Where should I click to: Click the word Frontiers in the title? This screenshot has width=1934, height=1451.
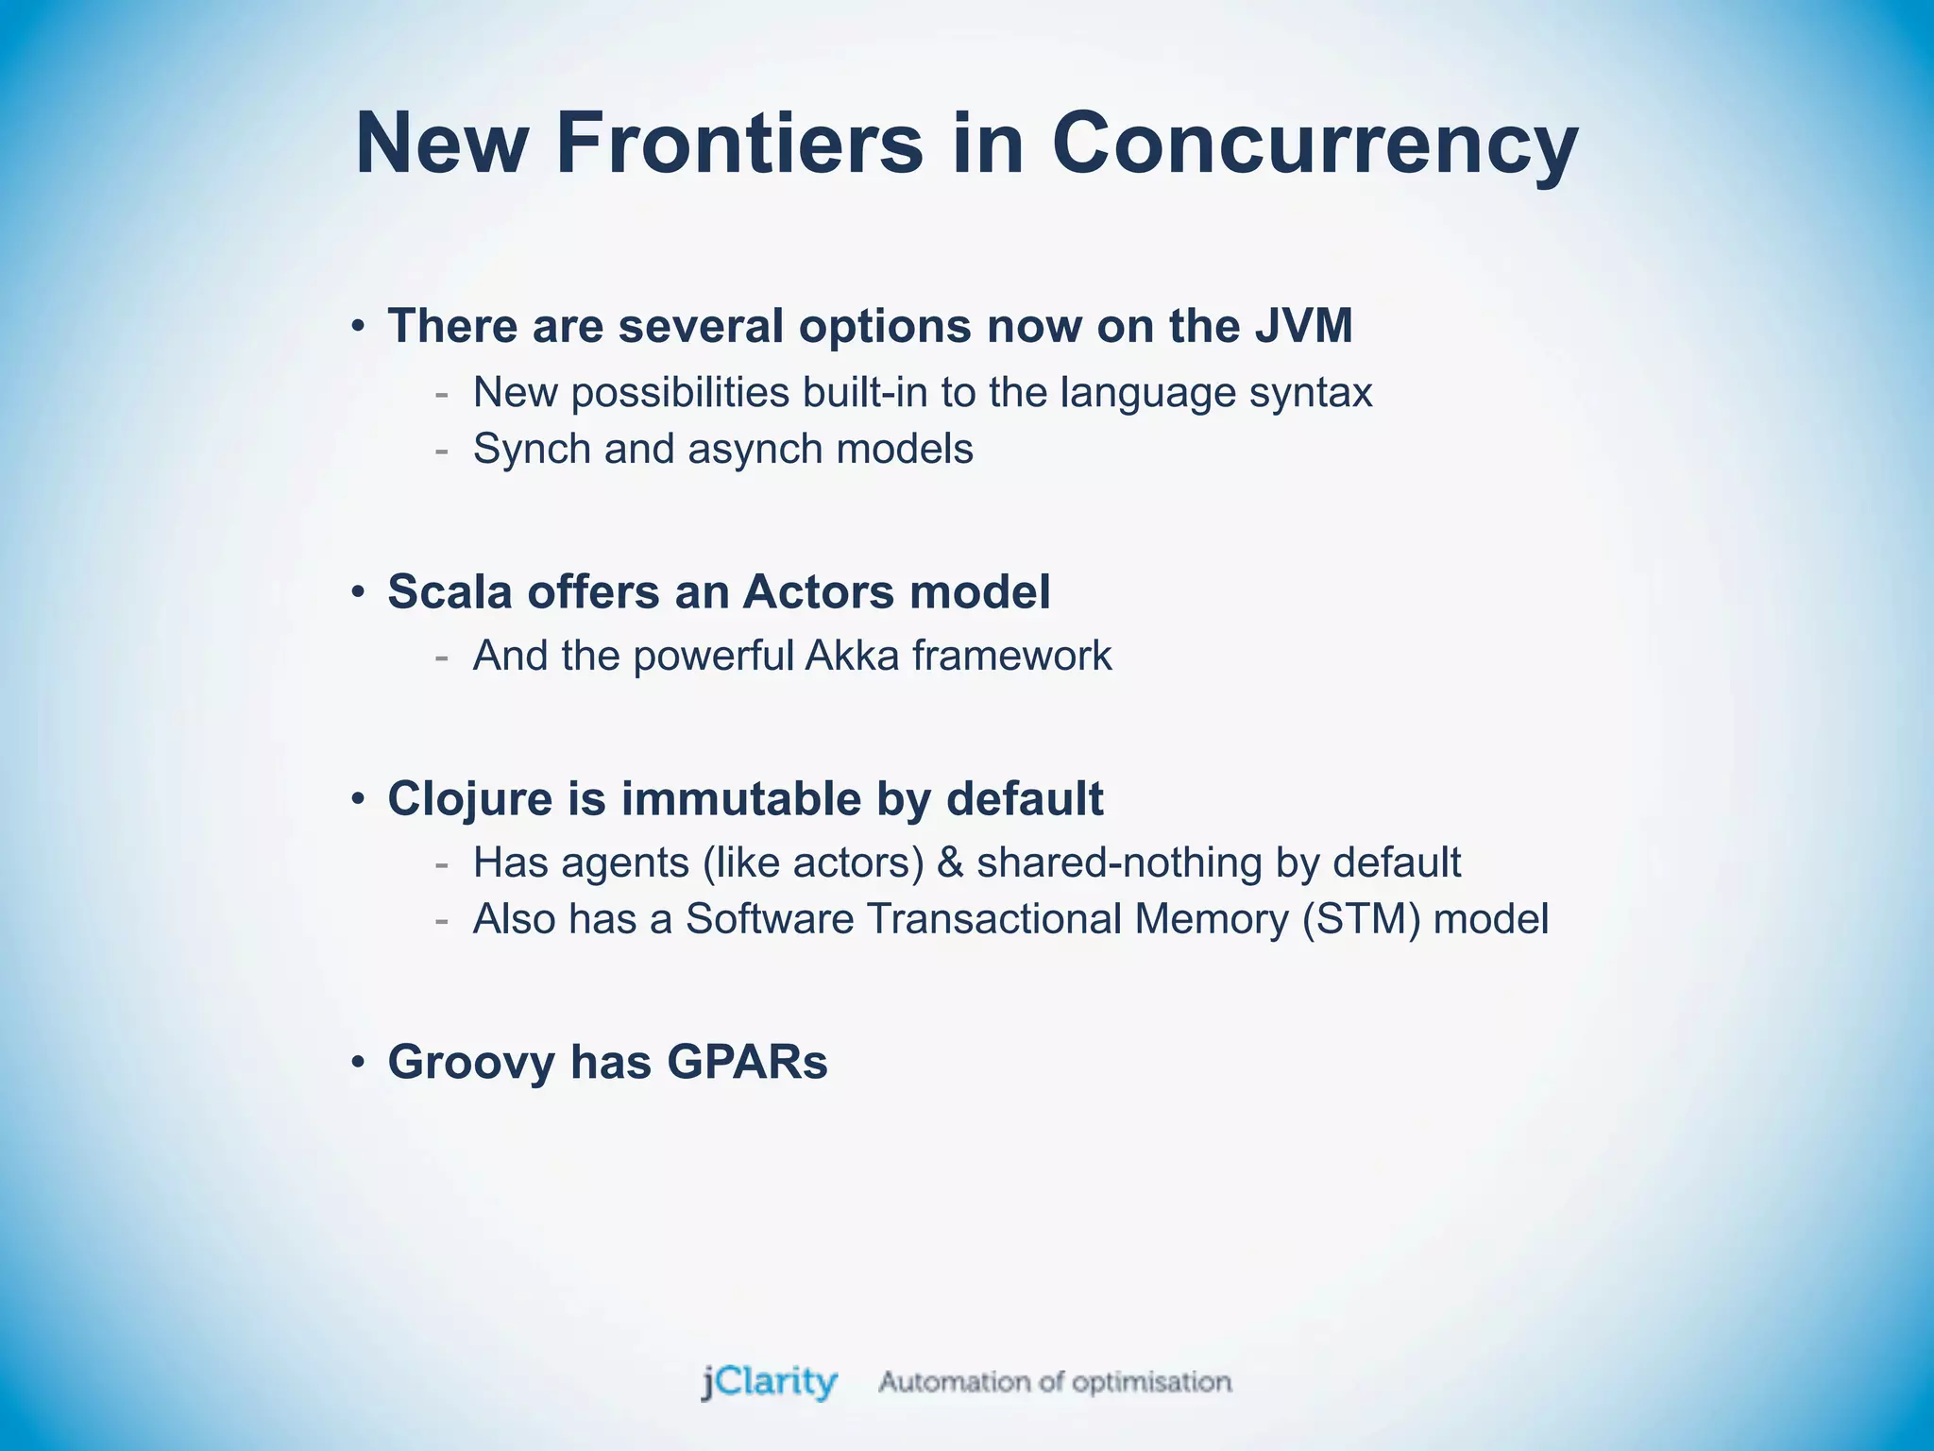click(739, 144)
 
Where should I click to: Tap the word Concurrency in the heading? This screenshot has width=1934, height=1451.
click(1315, 144)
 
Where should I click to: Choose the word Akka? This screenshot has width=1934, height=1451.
click(852, 656)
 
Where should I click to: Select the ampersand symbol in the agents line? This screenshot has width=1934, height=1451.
click(950, 862)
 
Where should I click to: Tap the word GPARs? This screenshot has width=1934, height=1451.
click(747, 1062)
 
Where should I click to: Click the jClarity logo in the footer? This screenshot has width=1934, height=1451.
click(769, 1382)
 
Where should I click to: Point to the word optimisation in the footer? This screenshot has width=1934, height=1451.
click(1152, 1382)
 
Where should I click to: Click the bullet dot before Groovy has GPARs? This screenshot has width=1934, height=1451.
click(358, 1063)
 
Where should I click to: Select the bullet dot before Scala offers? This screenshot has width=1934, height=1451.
click(358, 593)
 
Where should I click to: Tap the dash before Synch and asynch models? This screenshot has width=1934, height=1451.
click(441, 451)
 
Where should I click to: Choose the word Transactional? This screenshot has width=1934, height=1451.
click(993, 919)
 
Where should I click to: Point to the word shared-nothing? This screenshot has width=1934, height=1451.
click(1119, 862)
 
